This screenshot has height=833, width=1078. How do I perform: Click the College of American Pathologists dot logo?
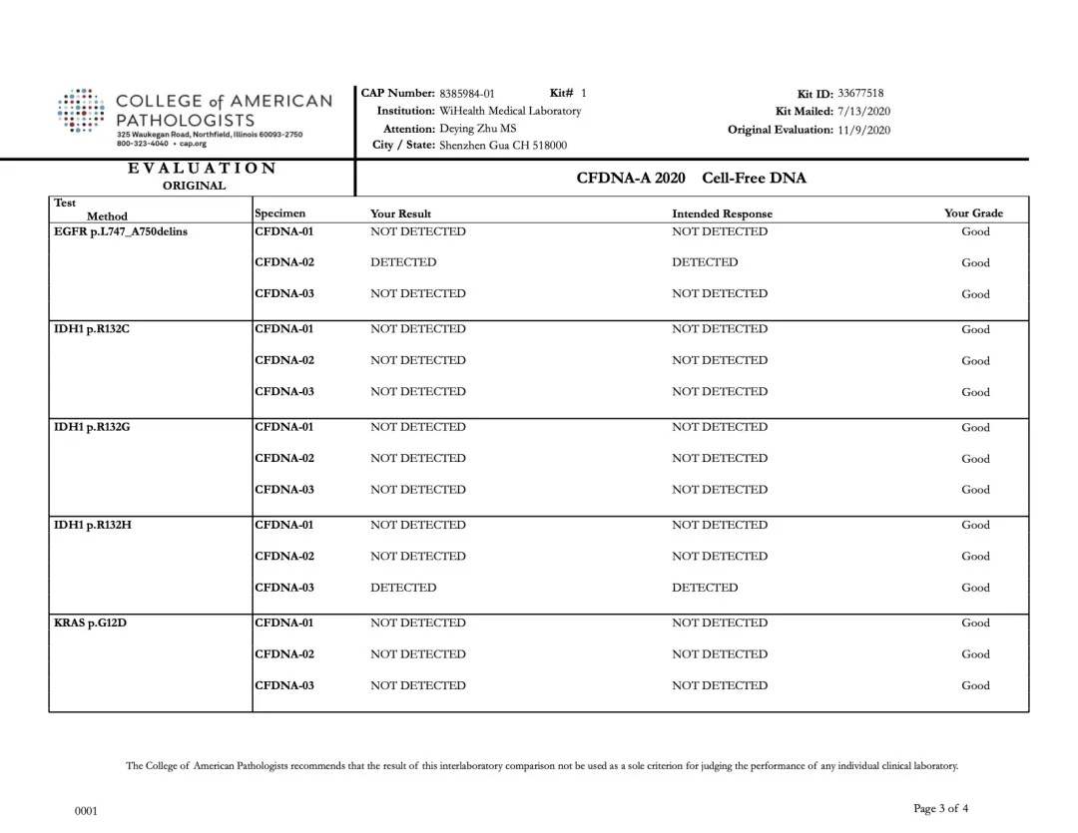pyautogui.click(x=82, y=110)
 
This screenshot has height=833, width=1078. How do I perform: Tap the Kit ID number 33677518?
pyautogui.click(x=860, y=94)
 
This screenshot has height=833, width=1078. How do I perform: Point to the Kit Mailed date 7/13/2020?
pyautogui.click(x=863, y=112)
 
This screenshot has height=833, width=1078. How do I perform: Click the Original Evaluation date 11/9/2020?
pyautogui.click(x=863, y=130)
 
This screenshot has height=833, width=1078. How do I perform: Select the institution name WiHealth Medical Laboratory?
pyautogui.click(x=510, y=111)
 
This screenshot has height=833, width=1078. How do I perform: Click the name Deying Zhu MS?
pyautogui.click(x=478, y=129)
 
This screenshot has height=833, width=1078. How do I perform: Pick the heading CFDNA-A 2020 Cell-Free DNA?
pyautogui.click(x=691, y=179)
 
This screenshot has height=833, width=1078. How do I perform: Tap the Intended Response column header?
pyautogui.click(x=722, y=213)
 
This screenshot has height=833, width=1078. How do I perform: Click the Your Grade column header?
pyautogui.click(x=973, y=213)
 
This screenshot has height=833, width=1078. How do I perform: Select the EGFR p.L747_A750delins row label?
pyautogui.click(x=120, y=232)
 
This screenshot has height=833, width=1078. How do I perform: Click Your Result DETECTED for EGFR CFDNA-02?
pyautogui.click(x=403, y=262)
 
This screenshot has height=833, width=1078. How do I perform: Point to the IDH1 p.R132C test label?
pyautogui.click(x=91, y=329)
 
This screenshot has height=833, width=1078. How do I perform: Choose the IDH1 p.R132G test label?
pyautogui.click(x=92, y=427)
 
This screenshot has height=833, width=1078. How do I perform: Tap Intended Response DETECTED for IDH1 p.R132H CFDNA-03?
pyautogui.click(x=705, y=588)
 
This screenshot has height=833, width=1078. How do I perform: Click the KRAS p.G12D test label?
pyautogui.click(x=90, y=624)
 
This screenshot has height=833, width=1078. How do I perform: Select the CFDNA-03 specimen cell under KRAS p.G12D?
pyautogui.click(x=284, y=685)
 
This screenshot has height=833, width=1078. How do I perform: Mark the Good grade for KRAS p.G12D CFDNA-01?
pyautogui.click(x=975, y=624)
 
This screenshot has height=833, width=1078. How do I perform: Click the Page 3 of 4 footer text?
pyautogui.click(x=940, y=808)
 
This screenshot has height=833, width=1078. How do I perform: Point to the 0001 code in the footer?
pyautogui.click(x=87, y=812)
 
